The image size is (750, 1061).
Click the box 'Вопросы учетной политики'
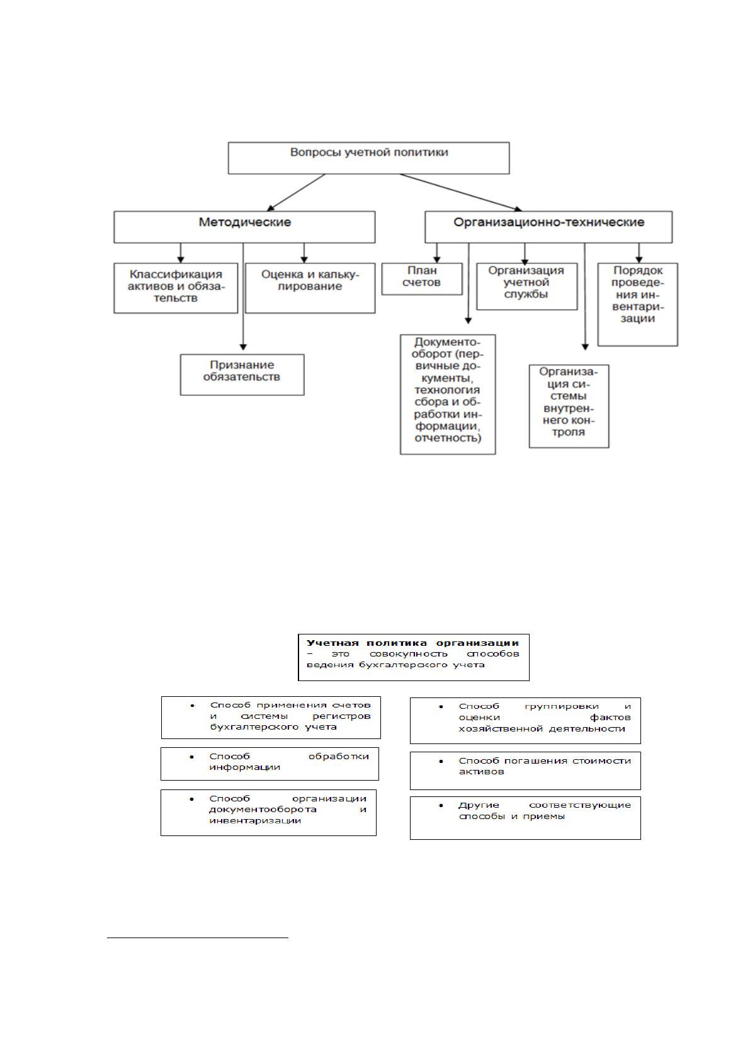coord(368,158)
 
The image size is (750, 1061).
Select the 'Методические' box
coord(244,227)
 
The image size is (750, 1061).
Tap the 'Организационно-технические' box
coord(548,227)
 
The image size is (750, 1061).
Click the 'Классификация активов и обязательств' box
coord(176,288)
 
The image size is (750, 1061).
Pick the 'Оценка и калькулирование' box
coord(310,288)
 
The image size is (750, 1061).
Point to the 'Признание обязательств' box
coord(242,375)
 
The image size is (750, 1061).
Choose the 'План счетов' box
coord(422,279)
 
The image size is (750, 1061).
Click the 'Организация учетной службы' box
coord(526,287)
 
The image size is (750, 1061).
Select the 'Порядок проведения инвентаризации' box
coord(637,304)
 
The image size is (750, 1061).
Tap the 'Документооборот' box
coord(448,394)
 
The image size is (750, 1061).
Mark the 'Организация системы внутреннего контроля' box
coord(569,406)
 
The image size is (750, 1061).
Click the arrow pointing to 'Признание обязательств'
coord(243,297)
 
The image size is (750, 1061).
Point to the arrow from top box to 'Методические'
coord(296,192)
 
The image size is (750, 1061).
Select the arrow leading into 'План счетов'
coord(437,253)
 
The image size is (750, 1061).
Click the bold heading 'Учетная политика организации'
coord(412,643)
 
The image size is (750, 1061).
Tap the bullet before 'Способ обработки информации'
coord(192,757)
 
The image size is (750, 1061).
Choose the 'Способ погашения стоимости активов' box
coord(525,771)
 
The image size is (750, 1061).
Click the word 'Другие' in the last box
coord(478,805)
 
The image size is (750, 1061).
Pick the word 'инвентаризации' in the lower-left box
coord(255,820)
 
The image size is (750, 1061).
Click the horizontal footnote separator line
coord(198,937)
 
